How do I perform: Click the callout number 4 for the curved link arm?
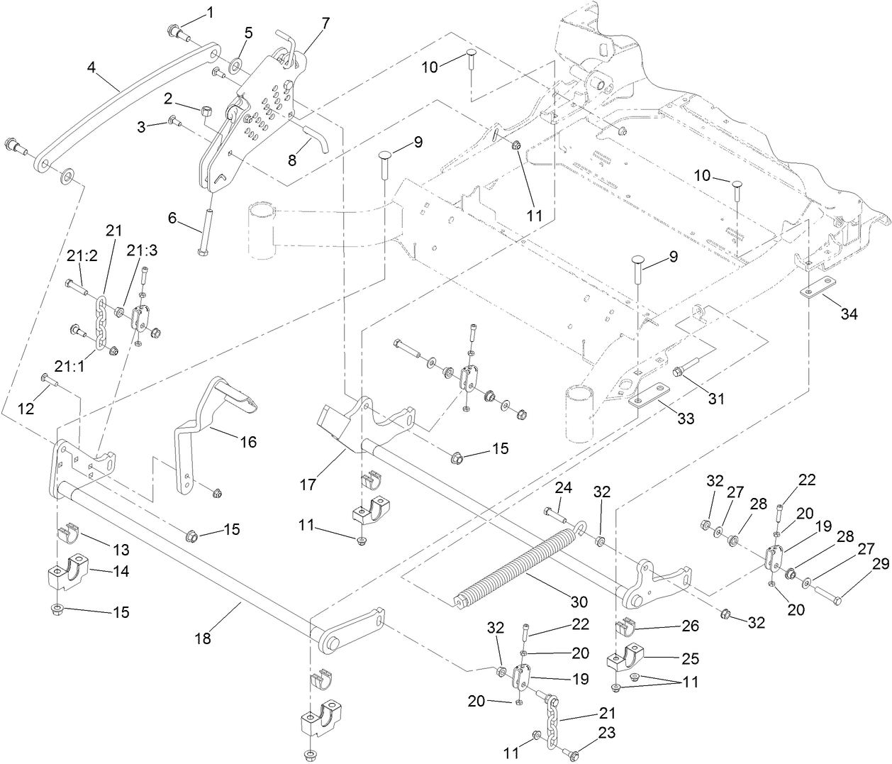pos(91,67)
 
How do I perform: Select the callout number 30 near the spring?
pos(579,602)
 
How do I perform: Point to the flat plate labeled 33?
pos(651,394)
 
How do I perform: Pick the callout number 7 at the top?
pos(325,23)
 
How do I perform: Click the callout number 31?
pos(717,399)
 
